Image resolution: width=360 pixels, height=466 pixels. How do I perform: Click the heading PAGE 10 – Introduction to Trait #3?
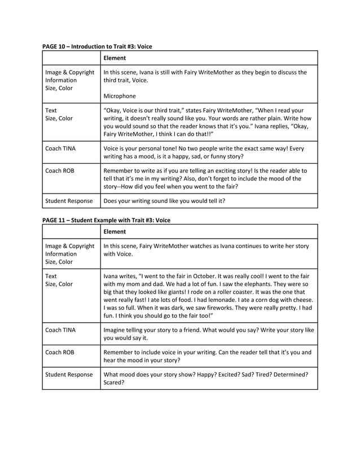[97, 46]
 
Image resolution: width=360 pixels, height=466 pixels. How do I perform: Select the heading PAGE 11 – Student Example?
[106, 219]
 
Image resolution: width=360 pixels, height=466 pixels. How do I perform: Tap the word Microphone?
[120, 96]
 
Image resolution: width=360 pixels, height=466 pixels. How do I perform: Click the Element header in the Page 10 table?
[115, 58]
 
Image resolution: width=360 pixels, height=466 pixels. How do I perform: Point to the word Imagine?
[117, 329]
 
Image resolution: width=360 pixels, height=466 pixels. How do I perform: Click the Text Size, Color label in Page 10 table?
[59, 115]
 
